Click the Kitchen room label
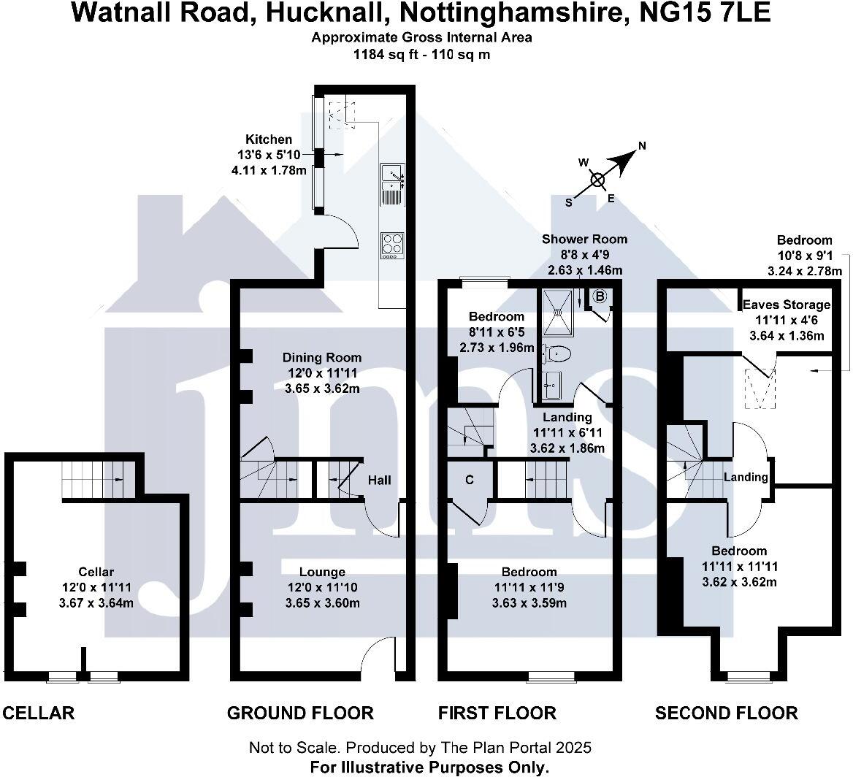[268, 139]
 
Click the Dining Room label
[322, 358]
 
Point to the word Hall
[379, 480]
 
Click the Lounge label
[322, 572]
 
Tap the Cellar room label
[96, 572]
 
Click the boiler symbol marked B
[600, 296]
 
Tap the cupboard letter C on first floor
[470, 480]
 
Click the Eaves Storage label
[787, 305]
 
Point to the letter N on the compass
[642, 145]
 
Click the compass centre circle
[597, 179]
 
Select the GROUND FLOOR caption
[300, 713]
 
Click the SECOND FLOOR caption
[726, 713]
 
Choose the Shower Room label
[584, 239]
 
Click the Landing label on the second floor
[746, 477]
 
